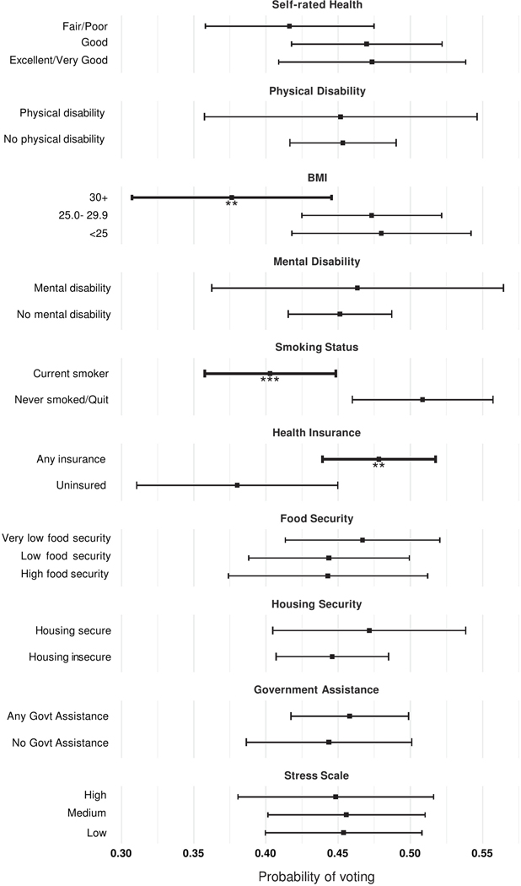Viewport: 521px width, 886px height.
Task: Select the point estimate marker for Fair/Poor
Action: [289, 26]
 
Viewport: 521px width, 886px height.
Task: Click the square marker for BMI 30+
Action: [232, 197]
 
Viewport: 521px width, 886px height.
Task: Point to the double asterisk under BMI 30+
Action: [232, 205]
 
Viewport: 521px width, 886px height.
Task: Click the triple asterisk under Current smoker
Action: [270, 381]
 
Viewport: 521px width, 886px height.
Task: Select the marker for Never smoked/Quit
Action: [422, 399]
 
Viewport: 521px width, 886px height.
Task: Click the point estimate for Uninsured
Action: [237, 485]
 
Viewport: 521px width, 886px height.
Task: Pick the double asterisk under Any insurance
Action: [379, 467]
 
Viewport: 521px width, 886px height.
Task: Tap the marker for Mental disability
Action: [357, 288]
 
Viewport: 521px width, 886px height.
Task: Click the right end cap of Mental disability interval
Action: [503, 288]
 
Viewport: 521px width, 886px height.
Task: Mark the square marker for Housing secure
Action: [369, 630]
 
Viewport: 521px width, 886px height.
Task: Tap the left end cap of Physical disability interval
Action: [205, 116]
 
